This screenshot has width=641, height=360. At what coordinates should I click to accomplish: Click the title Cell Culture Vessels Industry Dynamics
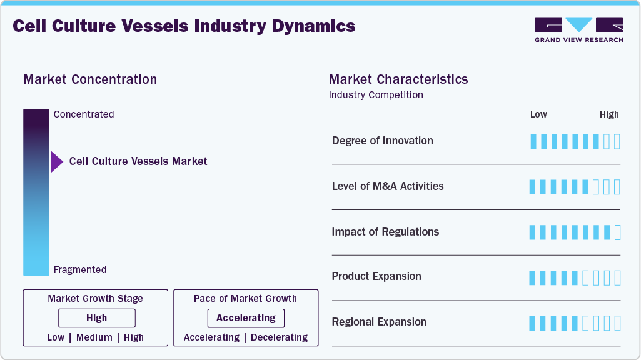pyautogui.click(x=184, y=26)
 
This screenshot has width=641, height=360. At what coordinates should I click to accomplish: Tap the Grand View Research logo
pyautogui.click(x=578, y=30)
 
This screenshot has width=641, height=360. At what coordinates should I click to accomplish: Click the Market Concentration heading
pyautogui.click(x=90, y=79)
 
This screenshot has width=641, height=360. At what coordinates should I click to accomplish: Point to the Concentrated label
pyautogui.click(x=84, y=114)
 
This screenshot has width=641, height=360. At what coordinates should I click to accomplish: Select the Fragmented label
pyautogui.click(x=80, y=270)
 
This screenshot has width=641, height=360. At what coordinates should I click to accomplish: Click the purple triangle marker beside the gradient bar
pyautogui.click(x=57, y=161)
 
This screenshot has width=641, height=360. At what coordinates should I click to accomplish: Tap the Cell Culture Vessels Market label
pyautogui.click(x=138, y=161)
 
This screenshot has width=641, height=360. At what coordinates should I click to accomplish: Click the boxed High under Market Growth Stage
pyautogui.click(x=97, y=318)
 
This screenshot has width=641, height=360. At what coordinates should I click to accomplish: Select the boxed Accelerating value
pyautogui.click(x=246, y=318)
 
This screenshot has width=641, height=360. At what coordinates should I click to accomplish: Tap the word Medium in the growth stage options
pyautogui.click(x=94, y=337)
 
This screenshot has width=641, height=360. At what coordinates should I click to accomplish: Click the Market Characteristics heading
pyautogui.click(x=398, y=79)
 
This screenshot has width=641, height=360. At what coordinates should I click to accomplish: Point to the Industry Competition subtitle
pyautogui.click(x=376, y=95)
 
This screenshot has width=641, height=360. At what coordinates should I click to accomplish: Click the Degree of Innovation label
pyautogui.click(x=382, y=141)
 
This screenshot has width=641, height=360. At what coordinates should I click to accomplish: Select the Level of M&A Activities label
pyautogui.click(x=388, y=186)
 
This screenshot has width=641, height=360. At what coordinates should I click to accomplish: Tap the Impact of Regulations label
pyautogui.click(x=385, y=232)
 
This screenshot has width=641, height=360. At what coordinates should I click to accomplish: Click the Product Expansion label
pyautogui.click(x=376, y=276)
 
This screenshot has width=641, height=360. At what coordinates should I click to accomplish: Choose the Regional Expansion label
pyautogui.click(x=379, y=322)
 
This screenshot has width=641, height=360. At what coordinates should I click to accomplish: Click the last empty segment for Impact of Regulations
pyautogui.click(x=618, y=232)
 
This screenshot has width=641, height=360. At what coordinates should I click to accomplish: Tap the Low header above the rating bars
pyautogui.click(x=538, y=114)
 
